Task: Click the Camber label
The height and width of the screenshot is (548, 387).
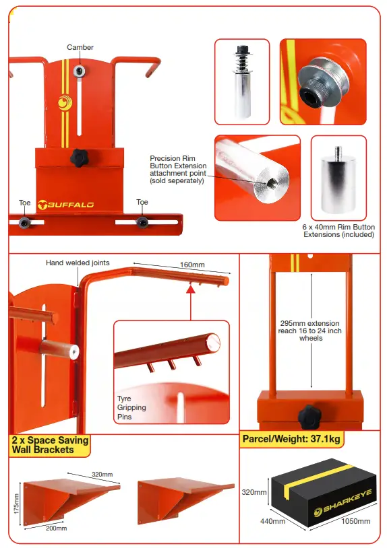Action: point(80,47)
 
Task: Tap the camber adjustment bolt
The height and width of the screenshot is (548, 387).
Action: point(80,69)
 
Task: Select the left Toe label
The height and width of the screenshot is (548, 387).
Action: point(25,202)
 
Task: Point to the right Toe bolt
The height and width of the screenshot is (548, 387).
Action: point(142,221)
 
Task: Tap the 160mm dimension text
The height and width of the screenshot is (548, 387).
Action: point(193,265)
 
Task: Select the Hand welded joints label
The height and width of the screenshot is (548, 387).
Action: point(78,263)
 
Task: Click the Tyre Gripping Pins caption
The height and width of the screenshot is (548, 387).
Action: point(131,407)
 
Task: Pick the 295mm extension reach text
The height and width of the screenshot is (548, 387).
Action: point(311,330)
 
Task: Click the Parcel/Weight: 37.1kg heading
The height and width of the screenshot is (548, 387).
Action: point(291,440)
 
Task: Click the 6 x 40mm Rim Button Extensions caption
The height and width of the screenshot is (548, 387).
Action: point(338,230)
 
